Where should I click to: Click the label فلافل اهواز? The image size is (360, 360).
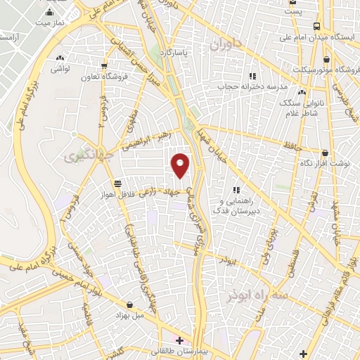(x=139, y=195)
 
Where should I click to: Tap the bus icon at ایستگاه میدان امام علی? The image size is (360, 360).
(x=316, y=25)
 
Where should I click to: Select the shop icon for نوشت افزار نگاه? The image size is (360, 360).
(x=325, y=152)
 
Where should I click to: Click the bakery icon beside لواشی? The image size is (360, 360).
(x=60, y=58)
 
